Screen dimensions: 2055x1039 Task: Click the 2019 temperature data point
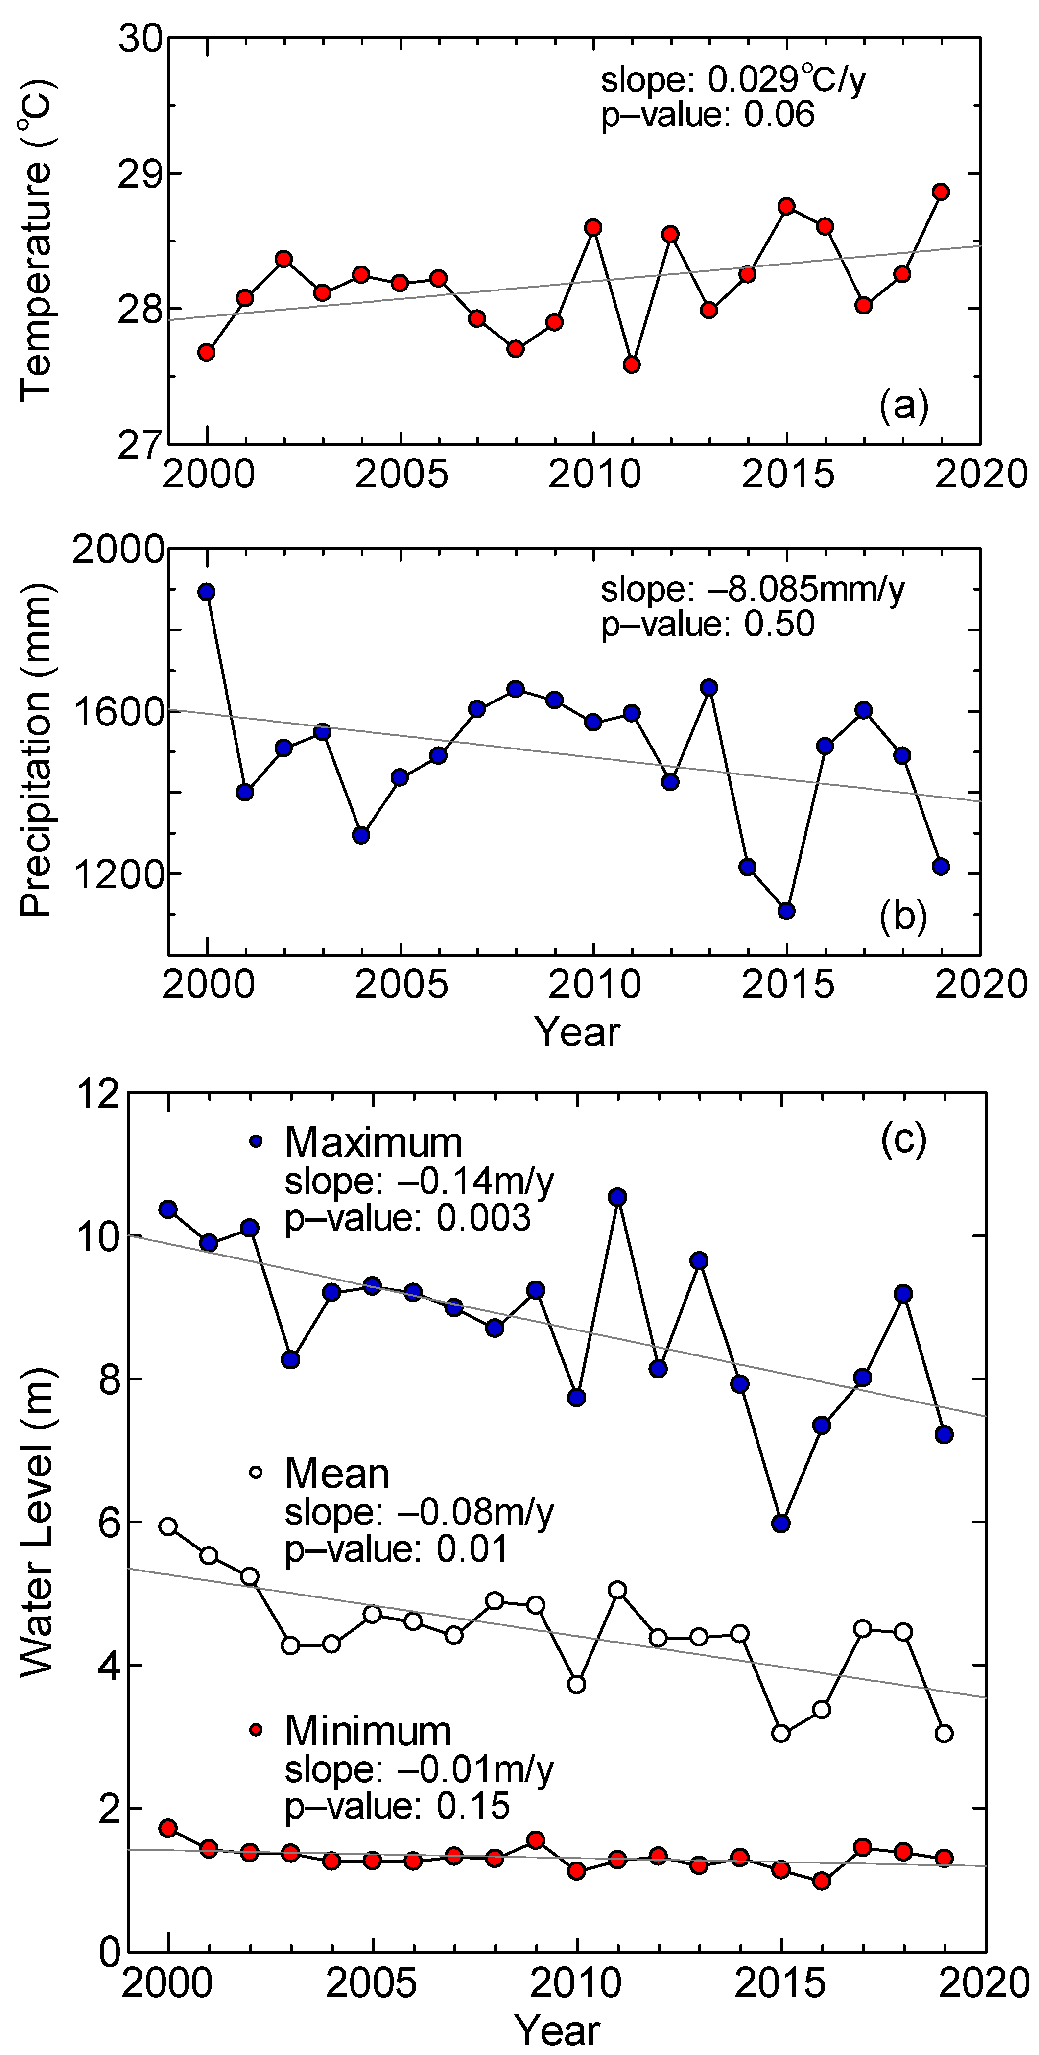pyautogui.click(x=941, y=192)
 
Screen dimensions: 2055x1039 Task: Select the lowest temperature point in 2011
pyautogui.click(x=632, y=364)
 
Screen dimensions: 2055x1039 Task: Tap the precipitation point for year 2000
pyautogui.click(x=207, y=592)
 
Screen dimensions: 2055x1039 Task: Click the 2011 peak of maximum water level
pyautogui.click(x=617, y=1197)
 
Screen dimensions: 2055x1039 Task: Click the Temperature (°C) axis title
pyautogui.click(x=36, y=240)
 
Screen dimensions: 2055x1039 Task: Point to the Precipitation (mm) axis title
pyautogui.click(x=36, y=750)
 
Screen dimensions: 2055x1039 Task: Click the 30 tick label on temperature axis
pyautogui.click(x=141, y=38)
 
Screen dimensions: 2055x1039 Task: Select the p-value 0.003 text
pyautogui.click(x=407, y=1218)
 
